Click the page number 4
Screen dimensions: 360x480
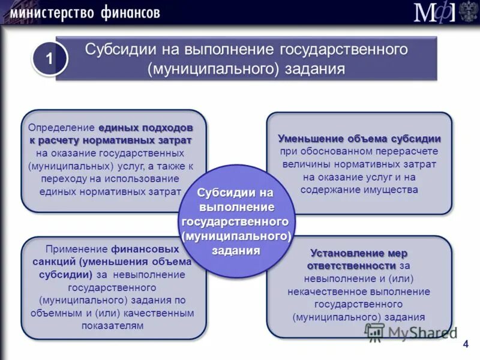465,343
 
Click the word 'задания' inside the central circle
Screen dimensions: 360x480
236,250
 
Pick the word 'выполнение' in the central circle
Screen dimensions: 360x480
236,206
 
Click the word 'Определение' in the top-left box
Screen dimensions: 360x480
62,128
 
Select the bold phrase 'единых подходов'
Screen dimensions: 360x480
146,128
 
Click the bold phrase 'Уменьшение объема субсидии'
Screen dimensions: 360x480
359,138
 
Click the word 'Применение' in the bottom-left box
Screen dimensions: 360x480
77,248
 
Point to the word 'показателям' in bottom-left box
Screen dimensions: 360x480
113,325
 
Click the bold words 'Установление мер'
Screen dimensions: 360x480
359,253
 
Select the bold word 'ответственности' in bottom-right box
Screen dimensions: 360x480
352,265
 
